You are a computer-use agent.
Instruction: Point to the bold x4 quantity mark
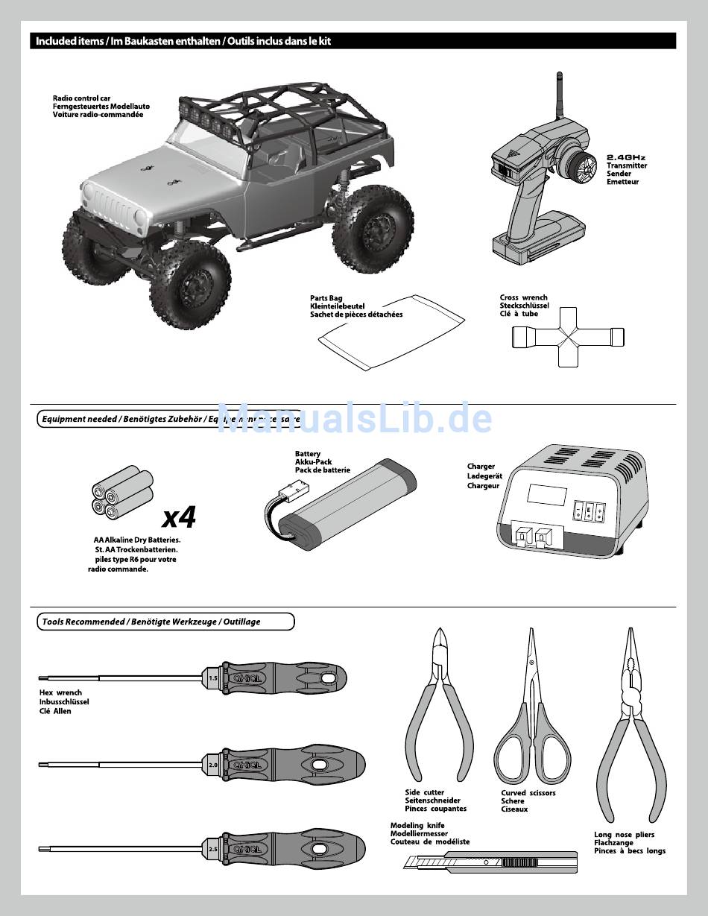coord(180,516)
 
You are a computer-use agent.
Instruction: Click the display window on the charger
coord(545,495)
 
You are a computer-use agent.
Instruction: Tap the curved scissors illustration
coord(531,716)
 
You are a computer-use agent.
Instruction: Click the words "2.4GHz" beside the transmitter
coord(625,157)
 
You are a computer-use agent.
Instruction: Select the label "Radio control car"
coord(82,98)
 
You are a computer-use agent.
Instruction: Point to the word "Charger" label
coord(481,467)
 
